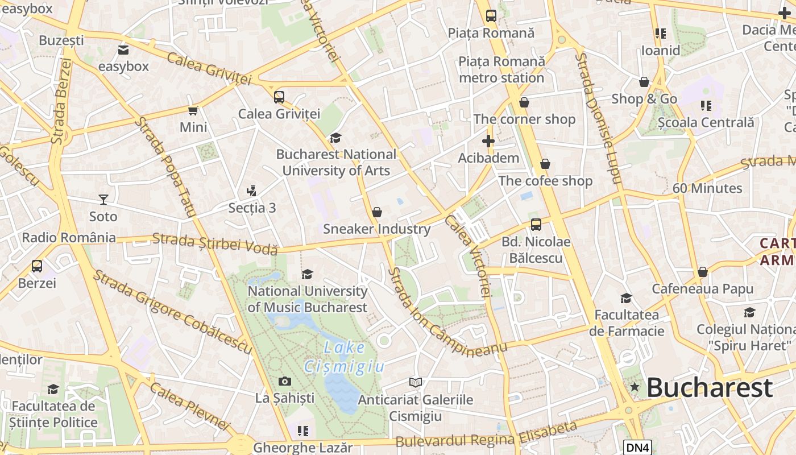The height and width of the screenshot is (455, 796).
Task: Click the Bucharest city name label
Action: click(709, 388)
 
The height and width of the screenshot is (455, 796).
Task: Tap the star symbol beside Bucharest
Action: click(635, 387)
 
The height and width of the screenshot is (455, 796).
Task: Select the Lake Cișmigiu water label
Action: click(344, 357)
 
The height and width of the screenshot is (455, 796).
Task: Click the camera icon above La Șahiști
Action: click(285, 381)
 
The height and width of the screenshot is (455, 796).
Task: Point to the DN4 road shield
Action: click(637, 448)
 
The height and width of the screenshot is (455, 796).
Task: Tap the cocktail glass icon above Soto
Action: click(103, 199)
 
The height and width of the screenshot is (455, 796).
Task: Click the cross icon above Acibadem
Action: click(488, 140)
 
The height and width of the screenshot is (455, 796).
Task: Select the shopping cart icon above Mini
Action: click(193, 110)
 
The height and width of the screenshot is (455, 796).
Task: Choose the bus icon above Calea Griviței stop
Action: click(279, 97)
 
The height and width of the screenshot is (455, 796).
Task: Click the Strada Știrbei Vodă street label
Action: click(215, 243)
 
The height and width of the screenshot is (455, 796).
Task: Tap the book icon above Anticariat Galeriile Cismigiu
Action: click(416, 383)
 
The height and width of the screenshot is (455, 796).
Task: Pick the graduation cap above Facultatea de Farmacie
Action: click(626, 298)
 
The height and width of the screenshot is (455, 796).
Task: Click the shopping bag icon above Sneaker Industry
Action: click(376, 212)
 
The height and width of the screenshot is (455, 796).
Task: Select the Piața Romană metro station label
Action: click(501, 69)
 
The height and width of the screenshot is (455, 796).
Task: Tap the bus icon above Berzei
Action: click(37, 266)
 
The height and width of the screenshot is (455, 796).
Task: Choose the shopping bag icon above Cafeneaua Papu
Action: click(702, 272)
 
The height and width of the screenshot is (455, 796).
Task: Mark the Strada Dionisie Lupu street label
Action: click(596, 118)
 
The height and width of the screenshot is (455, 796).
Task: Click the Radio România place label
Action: click(69, 237)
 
